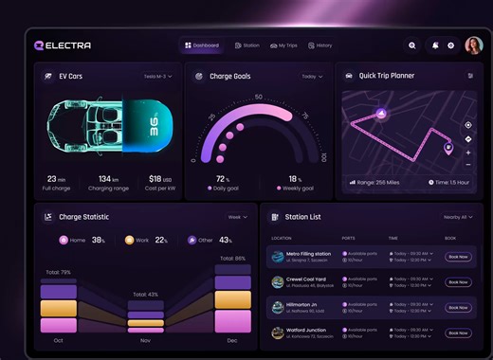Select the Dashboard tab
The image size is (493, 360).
click(x=202, y=45)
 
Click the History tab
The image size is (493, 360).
click(x=320, y=45)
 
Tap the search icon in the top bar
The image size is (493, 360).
click(x=411, y=45)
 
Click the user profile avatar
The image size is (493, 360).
click(x=473, y=45)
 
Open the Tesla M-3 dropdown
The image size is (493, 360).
click(x=157, y=76)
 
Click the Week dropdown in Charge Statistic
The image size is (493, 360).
click(x=237, y=217)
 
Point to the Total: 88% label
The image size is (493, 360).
click(x=233, y=258)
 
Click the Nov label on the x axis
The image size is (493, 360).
click(x=145, y=339)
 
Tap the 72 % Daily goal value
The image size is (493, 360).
click(x=223, y=178)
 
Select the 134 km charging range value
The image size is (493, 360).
click(x=108, y=178)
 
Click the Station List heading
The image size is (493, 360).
click(x=302, y=217)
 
